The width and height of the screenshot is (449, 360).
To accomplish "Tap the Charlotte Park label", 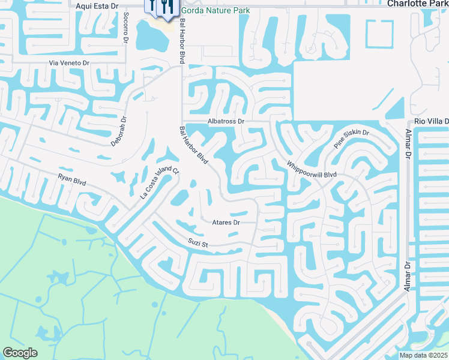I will (x=417, y=4).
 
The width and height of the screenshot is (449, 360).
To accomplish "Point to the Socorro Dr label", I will (x=125, y=28).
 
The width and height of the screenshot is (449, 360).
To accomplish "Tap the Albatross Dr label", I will (x=226, y=121).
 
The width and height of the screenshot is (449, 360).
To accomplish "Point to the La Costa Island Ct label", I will (x=160, y=182).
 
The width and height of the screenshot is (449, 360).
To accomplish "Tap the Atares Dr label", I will (x=226, y=222).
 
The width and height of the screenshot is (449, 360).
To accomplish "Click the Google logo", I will (x=20, y=353).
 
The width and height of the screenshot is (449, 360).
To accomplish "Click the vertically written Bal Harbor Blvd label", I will (x=181, y=40).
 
